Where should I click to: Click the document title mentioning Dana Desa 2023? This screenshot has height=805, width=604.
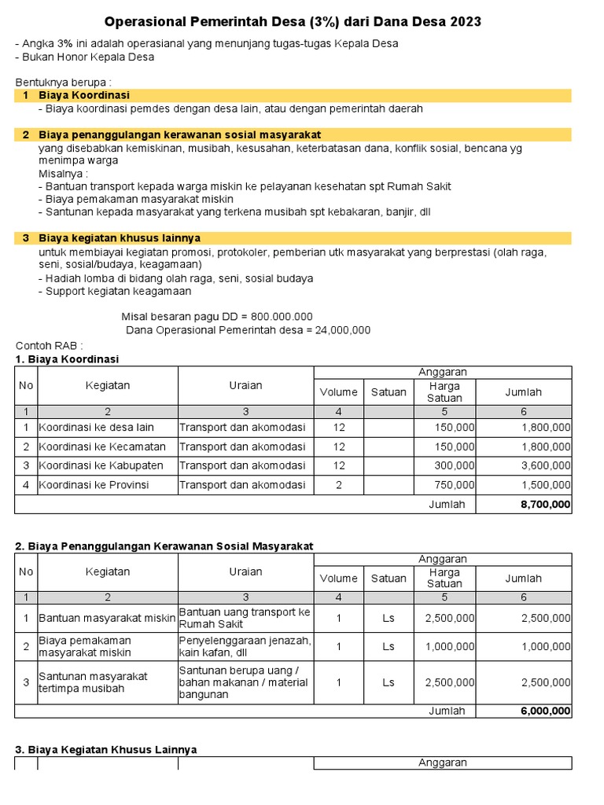click(293, 22)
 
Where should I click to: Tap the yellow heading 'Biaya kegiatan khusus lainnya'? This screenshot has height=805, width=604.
click(120, 237)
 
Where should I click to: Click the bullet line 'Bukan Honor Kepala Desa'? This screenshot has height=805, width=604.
click(85, 57)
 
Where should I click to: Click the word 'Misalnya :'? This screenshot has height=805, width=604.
click(64, 173)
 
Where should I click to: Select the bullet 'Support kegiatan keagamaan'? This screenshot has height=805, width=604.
click(115, 291)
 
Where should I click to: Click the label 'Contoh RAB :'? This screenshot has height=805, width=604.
click(49, 345)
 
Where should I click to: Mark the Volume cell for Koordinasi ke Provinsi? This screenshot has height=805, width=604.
click(339, 485)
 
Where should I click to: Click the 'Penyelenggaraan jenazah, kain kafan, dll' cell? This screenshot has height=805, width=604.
click(245, 646)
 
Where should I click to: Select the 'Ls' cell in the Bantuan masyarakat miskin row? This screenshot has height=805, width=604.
click(389, 618)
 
